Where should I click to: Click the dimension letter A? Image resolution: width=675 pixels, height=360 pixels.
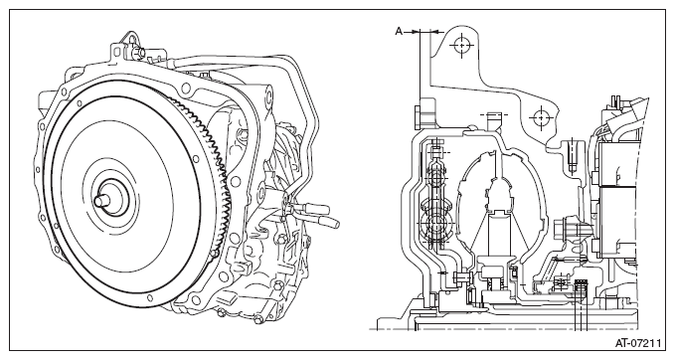399,32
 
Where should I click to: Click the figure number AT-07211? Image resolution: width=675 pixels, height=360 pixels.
637,343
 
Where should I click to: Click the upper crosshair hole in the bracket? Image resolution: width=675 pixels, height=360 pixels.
461,45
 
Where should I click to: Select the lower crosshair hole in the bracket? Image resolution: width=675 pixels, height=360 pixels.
541,117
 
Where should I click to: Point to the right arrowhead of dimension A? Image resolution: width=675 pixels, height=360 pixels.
434,32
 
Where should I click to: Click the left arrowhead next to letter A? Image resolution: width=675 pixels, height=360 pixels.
415,32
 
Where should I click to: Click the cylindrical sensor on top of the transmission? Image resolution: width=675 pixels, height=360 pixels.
138,52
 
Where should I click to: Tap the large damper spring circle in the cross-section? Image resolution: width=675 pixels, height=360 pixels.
434,223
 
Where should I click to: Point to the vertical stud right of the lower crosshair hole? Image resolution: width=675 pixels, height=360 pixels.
572,156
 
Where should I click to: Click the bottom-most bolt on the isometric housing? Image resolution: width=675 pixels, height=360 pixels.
257,319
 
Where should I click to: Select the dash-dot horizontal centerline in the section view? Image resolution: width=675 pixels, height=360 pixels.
504,330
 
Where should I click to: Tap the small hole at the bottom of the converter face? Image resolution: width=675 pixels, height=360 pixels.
149,297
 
